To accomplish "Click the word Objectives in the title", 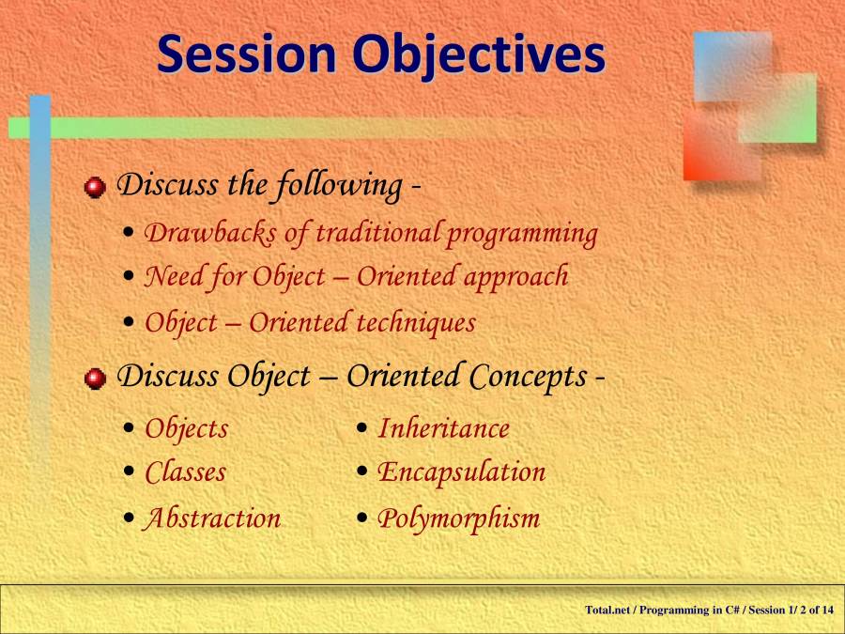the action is pyautogui.click(x=479, y=56).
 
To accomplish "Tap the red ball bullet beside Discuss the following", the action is pyautogui.click(x=95, y=187).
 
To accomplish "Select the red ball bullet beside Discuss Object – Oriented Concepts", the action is pyautogui.click(x=95, y=379).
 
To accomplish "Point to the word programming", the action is pyautogui.click(x=522, y=235).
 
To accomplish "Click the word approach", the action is pyautogui.click(x=515, y=278).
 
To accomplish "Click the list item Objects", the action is pyautogui.click(x=187, y=430).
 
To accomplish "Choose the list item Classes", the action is pyautogui.click(x=185, y=472).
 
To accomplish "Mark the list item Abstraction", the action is pyautogui.click(x=211, y=518).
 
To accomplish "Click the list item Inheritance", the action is pyautogui.click(x=443, y=429).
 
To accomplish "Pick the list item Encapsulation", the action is pyautogui.click(x=461, y=473).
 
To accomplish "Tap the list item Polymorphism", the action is pyautogui.click(x=458, y=519).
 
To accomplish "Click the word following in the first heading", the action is pyautogui.click(x=339, y=186).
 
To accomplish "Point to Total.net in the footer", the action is pyautogui.click(x=607, y=610).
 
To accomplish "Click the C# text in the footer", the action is pyautogui.click(x=731, y=610).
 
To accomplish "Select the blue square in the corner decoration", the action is pyautogui.click(x=732, y=67).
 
